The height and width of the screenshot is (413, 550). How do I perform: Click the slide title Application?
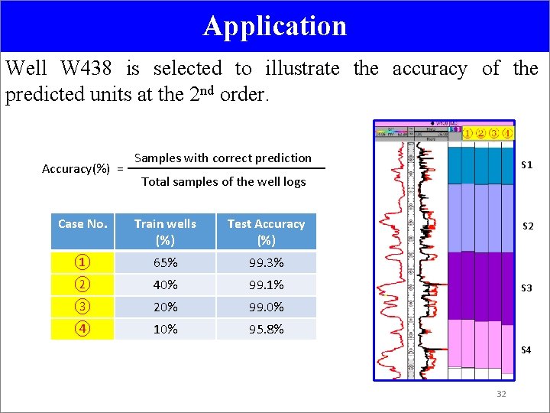pyautogui.click(x=275, y=26)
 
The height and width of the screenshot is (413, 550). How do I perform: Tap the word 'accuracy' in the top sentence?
pyautogui.click(x=429, y=69)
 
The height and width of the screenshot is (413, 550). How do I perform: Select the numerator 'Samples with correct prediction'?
pyautogui.click(x=223, y=158)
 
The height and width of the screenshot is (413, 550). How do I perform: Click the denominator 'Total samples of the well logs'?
pyautogui.click(x=223, y=181)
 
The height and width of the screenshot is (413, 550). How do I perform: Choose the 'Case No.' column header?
pyautogui.click(x=82, y=224)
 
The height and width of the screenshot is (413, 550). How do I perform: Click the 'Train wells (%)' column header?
pyautogui.click(x=165, y=231)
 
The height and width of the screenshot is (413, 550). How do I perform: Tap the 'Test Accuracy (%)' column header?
pyautogui.click(x=266, y=231)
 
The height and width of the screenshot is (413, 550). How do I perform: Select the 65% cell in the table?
pyautogui.click(x=165, y=263)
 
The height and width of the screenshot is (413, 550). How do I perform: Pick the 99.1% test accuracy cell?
pyautogui.click(x=266, y=285)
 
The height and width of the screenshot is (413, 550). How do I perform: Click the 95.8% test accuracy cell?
pyautogui.click(x=266, y=330)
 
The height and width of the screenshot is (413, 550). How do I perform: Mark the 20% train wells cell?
pyautogui.click(x=165, y=307)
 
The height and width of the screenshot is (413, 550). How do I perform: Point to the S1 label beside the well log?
pyautogui.click(x=527, y=165)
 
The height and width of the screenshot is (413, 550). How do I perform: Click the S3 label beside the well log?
pyautogui.click(x=527, y=288)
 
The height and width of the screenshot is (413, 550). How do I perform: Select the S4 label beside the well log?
pyautogui.click(x=527, y=350)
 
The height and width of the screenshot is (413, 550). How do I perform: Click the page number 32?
pyautogui.click(x=502, y=394)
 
